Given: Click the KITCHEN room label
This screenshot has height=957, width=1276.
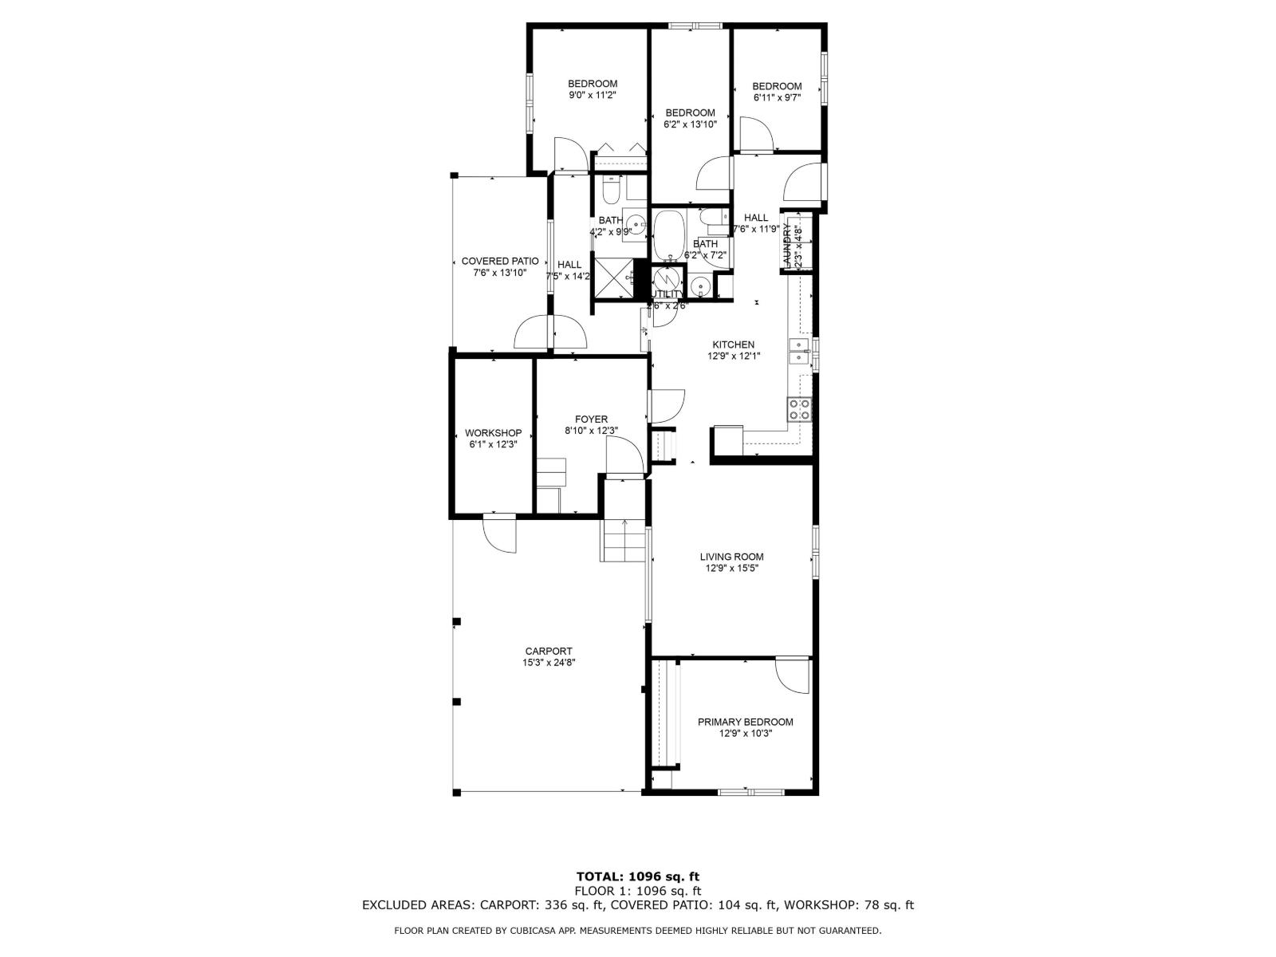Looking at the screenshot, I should pyautogui.click(x=733, y=345).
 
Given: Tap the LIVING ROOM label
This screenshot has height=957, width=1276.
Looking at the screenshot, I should pyautogui.click(x=731, y=557).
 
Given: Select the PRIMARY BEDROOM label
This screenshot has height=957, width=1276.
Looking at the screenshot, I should pyautogui.click(x=745, y=722).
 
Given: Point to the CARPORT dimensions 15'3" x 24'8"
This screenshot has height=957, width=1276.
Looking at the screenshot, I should pyautogui.click(x=549, y=662).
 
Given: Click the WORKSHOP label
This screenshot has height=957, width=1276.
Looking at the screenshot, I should pyautogui.click(x=493, y=433).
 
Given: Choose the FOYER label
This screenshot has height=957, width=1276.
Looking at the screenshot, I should pyautogui.click(x=591, y=419).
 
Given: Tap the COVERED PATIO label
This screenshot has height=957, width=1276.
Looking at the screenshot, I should pyautogui.click(x=499, y=262).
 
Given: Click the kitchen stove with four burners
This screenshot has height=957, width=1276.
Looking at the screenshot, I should pyautogui.click(x=800, y=409).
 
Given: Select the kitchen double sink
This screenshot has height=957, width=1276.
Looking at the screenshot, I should pyautogui.click(x=798, y=350).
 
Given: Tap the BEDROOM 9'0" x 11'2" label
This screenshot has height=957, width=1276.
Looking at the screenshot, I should pyautogui.click(x=592, y=84).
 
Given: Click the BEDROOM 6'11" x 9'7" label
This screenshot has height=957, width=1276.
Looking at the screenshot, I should pyautogui.click(x=776, y=86).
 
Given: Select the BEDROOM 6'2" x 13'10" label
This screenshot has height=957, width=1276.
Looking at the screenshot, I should pyautogui.click(x=690, y=112).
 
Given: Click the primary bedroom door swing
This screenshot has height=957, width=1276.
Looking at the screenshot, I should pyautogui.click(x=794, y=676).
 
